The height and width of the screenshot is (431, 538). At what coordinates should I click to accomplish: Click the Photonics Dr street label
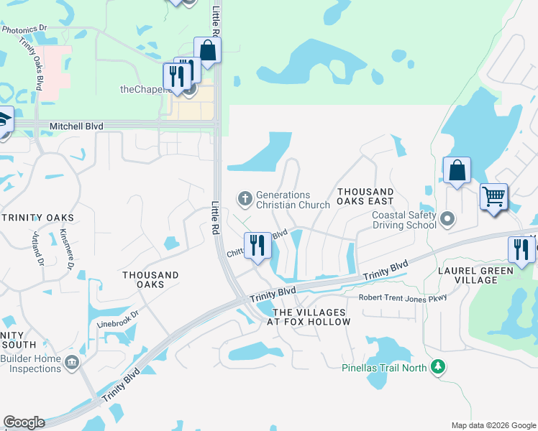[x=24, y=29]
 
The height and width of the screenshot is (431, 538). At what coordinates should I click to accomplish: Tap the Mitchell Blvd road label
[x=76, y=126]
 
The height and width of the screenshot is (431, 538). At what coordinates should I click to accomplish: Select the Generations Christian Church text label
[x=283, y=200]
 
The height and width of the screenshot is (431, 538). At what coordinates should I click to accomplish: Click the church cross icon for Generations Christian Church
[x=245, y=197]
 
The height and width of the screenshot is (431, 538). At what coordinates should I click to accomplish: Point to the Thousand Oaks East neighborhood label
[x=365, y=197]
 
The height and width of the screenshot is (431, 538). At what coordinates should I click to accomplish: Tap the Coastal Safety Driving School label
[x=403, y=220]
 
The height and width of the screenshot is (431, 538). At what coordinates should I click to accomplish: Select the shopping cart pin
[x=493, y=196]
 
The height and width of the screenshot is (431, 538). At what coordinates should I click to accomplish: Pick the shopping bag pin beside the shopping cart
[x=457, y=172]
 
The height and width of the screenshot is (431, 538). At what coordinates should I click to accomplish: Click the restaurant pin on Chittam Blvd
[x=257, y=246]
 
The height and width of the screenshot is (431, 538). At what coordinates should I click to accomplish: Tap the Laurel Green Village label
[x=475, y=275]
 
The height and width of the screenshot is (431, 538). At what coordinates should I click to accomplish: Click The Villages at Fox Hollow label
[x=311, y=317]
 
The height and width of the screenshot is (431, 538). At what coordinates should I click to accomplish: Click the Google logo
[x=24, y=422]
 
